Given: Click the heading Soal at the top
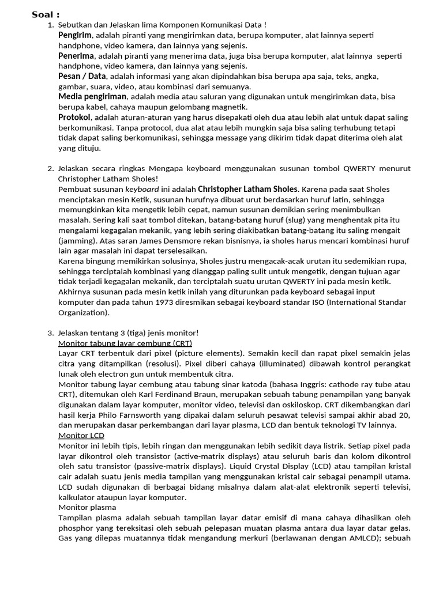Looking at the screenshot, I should [x=46, y=14].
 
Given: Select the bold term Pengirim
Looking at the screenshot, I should [x=75, y=36].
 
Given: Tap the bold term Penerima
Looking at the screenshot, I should [x=76, y=56].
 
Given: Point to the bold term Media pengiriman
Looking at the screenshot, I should [x=92, y=96].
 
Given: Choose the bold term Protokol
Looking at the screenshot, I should [x=74, y=117].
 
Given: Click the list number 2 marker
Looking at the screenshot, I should [x=50, y=168].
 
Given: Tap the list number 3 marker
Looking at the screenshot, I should [x=50, y=332].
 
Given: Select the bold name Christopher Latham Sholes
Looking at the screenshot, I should [x=248, y=188].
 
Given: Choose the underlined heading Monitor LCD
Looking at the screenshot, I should [x=81, y=436].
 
